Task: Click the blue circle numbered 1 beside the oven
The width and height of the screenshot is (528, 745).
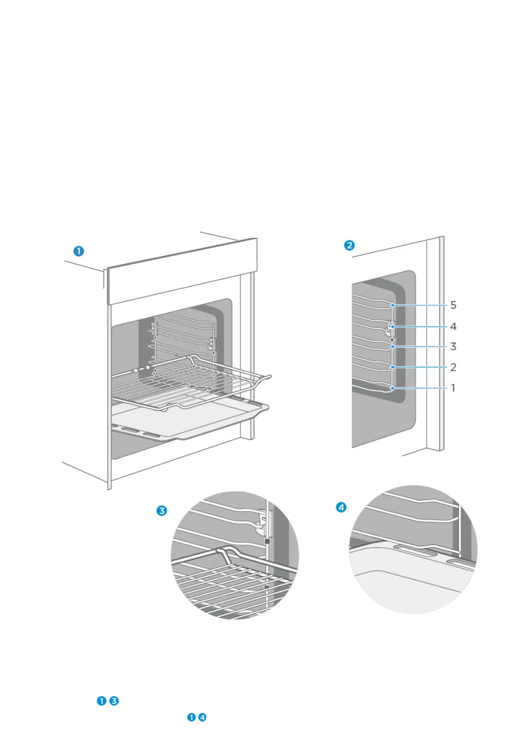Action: point(78,251)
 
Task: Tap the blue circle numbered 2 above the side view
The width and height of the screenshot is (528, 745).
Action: point(349,245)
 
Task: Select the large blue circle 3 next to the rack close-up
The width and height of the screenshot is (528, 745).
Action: point(162,510)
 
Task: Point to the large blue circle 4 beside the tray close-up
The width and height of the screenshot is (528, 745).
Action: point(341,507)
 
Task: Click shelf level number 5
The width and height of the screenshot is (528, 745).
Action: point(453,305)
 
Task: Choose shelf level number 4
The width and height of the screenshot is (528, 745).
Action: point(453,326)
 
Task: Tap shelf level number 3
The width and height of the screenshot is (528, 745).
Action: point(453,347)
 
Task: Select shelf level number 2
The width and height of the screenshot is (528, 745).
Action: point(453,367)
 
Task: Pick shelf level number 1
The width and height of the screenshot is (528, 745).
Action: point(453,388)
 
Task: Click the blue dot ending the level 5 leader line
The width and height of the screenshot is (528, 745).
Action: point(392,306)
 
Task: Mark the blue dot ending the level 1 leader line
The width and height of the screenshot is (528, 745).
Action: point(392,389)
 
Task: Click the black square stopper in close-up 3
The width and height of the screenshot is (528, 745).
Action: point(267,540)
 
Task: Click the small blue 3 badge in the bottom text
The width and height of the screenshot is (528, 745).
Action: point(114,701)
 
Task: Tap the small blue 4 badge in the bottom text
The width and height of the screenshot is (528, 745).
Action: point(203,717)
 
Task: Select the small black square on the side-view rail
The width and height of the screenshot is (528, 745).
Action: point(392,339)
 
